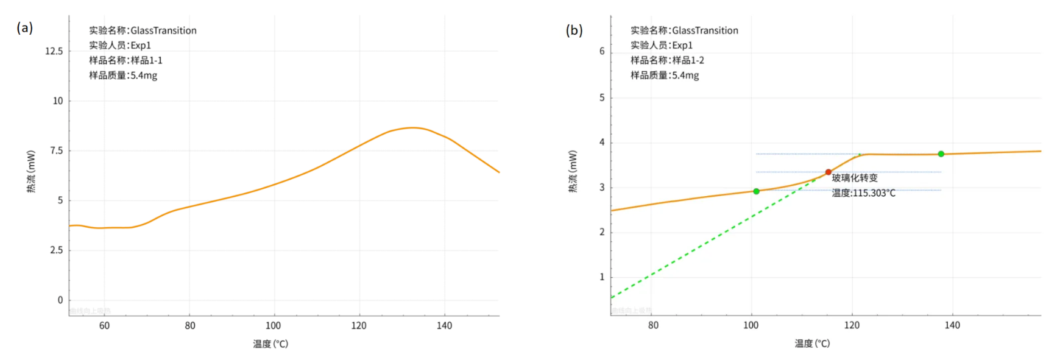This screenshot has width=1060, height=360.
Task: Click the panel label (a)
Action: pos(24,27)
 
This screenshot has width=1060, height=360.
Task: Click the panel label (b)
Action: pos(574,30)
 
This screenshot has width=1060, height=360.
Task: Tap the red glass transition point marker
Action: pos(828,172)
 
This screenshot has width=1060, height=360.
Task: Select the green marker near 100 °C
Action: pos(756,191)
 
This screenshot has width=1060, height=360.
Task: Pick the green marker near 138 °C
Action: pos(941,154)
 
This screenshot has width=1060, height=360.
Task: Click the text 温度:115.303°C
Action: pos(863,193)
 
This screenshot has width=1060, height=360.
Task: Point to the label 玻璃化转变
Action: pos(855,178)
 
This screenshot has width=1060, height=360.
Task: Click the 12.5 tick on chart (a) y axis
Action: pos(54,51)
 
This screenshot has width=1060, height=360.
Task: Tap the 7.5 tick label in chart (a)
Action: pos(56,150)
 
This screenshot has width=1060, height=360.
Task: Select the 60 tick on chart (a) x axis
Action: pos(104,326)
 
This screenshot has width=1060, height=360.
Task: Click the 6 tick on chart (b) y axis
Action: pos(602,51)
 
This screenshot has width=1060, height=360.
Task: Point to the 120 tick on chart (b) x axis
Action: pos(852,325)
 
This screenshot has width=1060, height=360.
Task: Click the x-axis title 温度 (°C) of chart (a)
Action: pos(270,344)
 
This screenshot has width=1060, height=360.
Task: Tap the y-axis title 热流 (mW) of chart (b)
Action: pos(573,171)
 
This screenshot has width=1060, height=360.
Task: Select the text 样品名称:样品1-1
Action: pos(125,60)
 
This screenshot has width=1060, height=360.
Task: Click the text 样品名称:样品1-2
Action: pos(667,60)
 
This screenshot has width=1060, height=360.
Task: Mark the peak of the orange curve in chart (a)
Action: pos(412,127)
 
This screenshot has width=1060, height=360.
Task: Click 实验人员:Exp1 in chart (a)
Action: pos(119,45)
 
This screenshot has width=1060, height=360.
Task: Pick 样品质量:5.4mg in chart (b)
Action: pos(665,76)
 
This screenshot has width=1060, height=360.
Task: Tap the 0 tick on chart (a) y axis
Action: pos(60,300)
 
